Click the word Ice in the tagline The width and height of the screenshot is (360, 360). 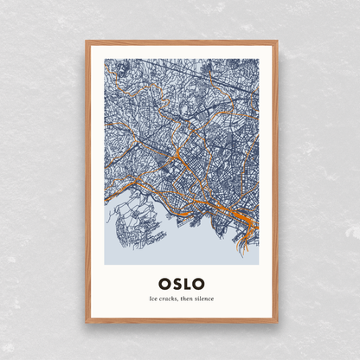point(153,299)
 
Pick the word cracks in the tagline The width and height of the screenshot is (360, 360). point(169,299)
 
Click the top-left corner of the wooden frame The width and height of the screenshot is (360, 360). point(87,41)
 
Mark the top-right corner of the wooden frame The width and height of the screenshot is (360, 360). point(277,41)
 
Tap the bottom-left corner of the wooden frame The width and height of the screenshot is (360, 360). point(87,322)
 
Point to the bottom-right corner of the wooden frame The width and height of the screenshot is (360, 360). point(277,322)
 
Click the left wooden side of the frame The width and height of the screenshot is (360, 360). point(87,182)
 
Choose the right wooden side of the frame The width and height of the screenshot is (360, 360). point(276,182)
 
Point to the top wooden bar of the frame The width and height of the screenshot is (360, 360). point(182,42)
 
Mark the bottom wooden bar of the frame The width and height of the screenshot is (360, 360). point(182,321)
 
